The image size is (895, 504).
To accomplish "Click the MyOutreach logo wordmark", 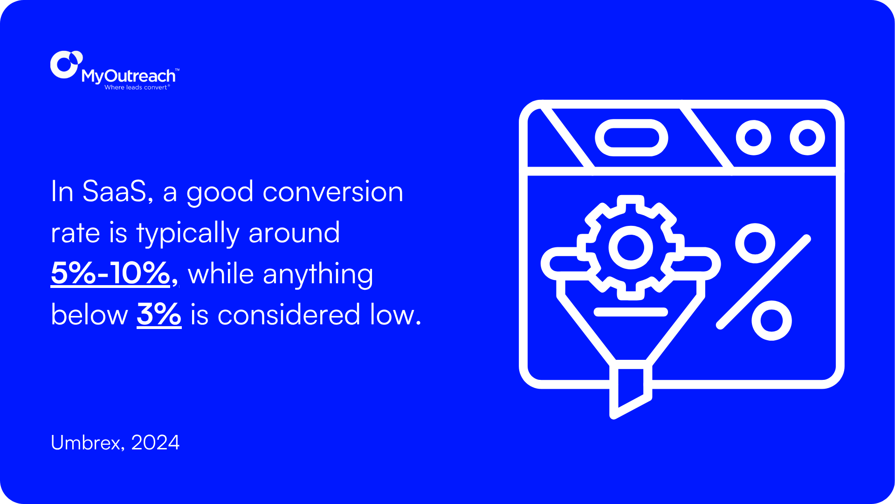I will pos(129,76).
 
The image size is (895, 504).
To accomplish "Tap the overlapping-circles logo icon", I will pos(65,64).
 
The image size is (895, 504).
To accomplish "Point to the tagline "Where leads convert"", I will pos(136,87).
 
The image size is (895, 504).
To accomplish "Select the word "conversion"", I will pos(333,191).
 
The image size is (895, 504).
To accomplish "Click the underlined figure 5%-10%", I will pos(111,273).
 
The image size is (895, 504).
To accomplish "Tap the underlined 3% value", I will pos(158,315).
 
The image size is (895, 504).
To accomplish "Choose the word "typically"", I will pos(187,233).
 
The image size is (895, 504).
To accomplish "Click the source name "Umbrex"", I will pos(86,442).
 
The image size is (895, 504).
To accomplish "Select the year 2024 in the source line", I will pos(155,442).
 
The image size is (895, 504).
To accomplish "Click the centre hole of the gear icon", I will pos(630,247).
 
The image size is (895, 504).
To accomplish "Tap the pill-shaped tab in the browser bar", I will pos(631,138).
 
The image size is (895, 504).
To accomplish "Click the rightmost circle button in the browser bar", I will pos(807,138).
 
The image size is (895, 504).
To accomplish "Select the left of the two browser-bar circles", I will pos(753,138).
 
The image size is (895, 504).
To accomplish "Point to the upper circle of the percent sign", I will pos(755,243).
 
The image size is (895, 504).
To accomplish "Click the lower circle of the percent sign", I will pos(771,321).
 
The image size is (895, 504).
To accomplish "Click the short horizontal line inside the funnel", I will pos(630,312).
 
